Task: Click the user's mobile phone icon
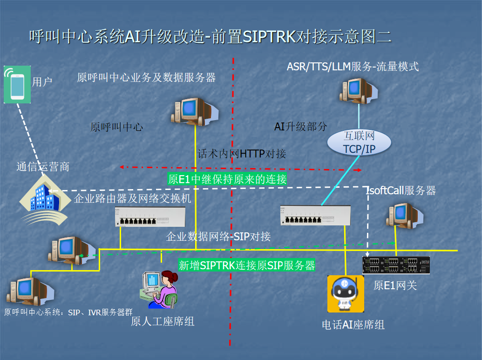tap(17, 84)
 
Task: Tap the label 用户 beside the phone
tap(42, 82)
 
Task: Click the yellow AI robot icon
tap(346, 294)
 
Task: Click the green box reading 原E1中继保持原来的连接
tap(227, 179)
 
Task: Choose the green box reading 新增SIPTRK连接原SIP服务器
tap(247, 265)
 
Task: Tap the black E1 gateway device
tap(396, 265)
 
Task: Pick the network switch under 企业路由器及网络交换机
tap(150, 217)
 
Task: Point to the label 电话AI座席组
tap(353, 325)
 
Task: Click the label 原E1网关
tap(395, 285)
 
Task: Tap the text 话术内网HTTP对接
tap(242, 154)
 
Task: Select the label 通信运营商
tap(43, 166)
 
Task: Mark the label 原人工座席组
tap(163, 321)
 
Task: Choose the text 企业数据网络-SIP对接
tap(218, 236)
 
